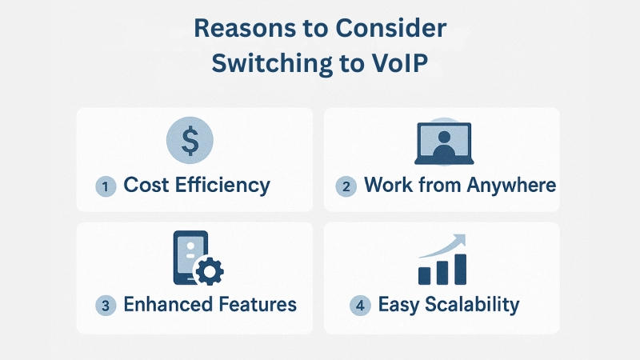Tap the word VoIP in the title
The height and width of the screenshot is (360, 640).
coord(397,65)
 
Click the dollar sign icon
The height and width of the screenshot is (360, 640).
coord(190,141)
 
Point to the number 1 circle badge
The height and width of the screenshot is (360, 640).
coord(106,186)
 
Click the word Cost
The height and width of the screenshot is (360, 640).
coord(150,186)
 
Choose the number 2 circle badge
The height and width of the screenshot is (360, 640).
coord(346,186)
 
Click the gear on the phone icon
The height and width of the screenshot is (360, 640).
coord(210,271)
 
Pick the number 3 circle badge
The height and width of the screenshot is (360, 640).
coord(106,306)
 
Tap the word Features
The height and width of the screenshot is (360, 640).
coord(258,305)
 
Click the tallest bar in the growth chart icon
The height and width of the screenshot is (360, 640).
coord(460,269)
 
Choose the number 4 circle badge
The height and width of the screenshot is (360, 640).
coord(360,306)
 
